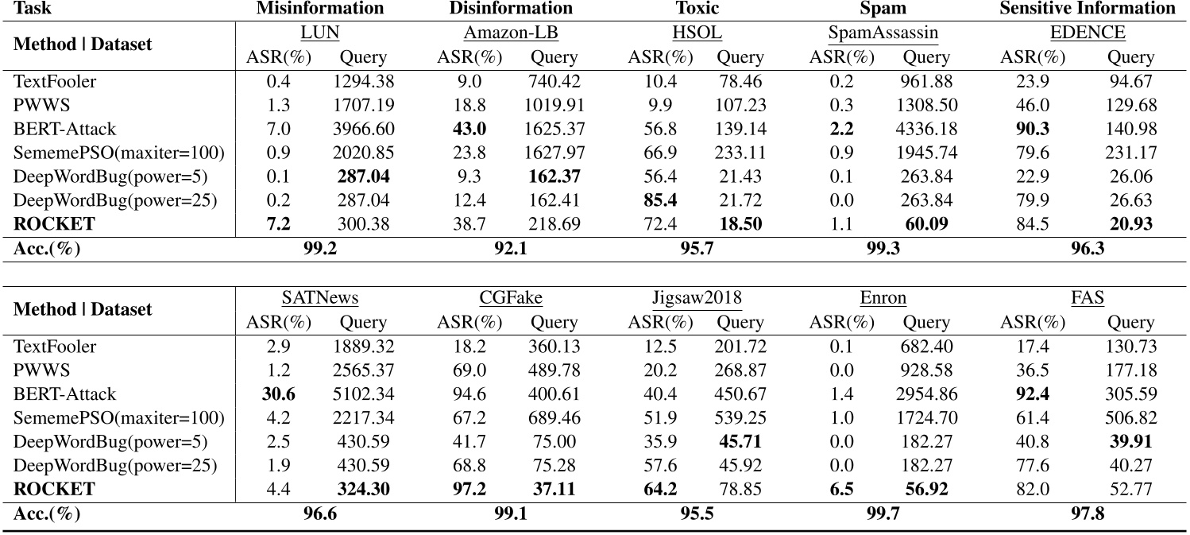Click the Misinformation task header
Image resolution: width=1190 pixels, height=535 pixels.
point(320,9)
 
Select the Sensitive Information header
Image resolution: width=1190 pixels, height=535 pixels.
point(1088,9)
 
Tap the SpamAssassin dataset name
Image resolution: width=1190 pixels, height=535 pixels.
point(877,33)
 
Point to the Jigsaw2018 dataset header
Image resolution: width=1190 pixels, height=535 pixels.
point(696,298)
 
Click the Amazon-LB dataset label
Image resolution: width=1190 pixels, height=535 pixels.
point(511,33)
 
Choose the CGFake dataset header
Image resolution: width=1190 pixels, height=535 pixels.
point(511,298)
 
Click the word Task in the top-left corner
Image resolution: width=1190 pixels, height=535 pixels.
point(32,9)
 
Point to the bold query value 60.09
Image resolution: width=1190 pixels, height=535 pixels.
point(926,223)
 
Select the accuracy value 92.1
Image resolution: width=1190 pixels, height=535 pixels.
point(511,249)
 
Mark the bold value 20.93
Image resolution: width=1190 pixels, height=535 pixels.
point(1131,223)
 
